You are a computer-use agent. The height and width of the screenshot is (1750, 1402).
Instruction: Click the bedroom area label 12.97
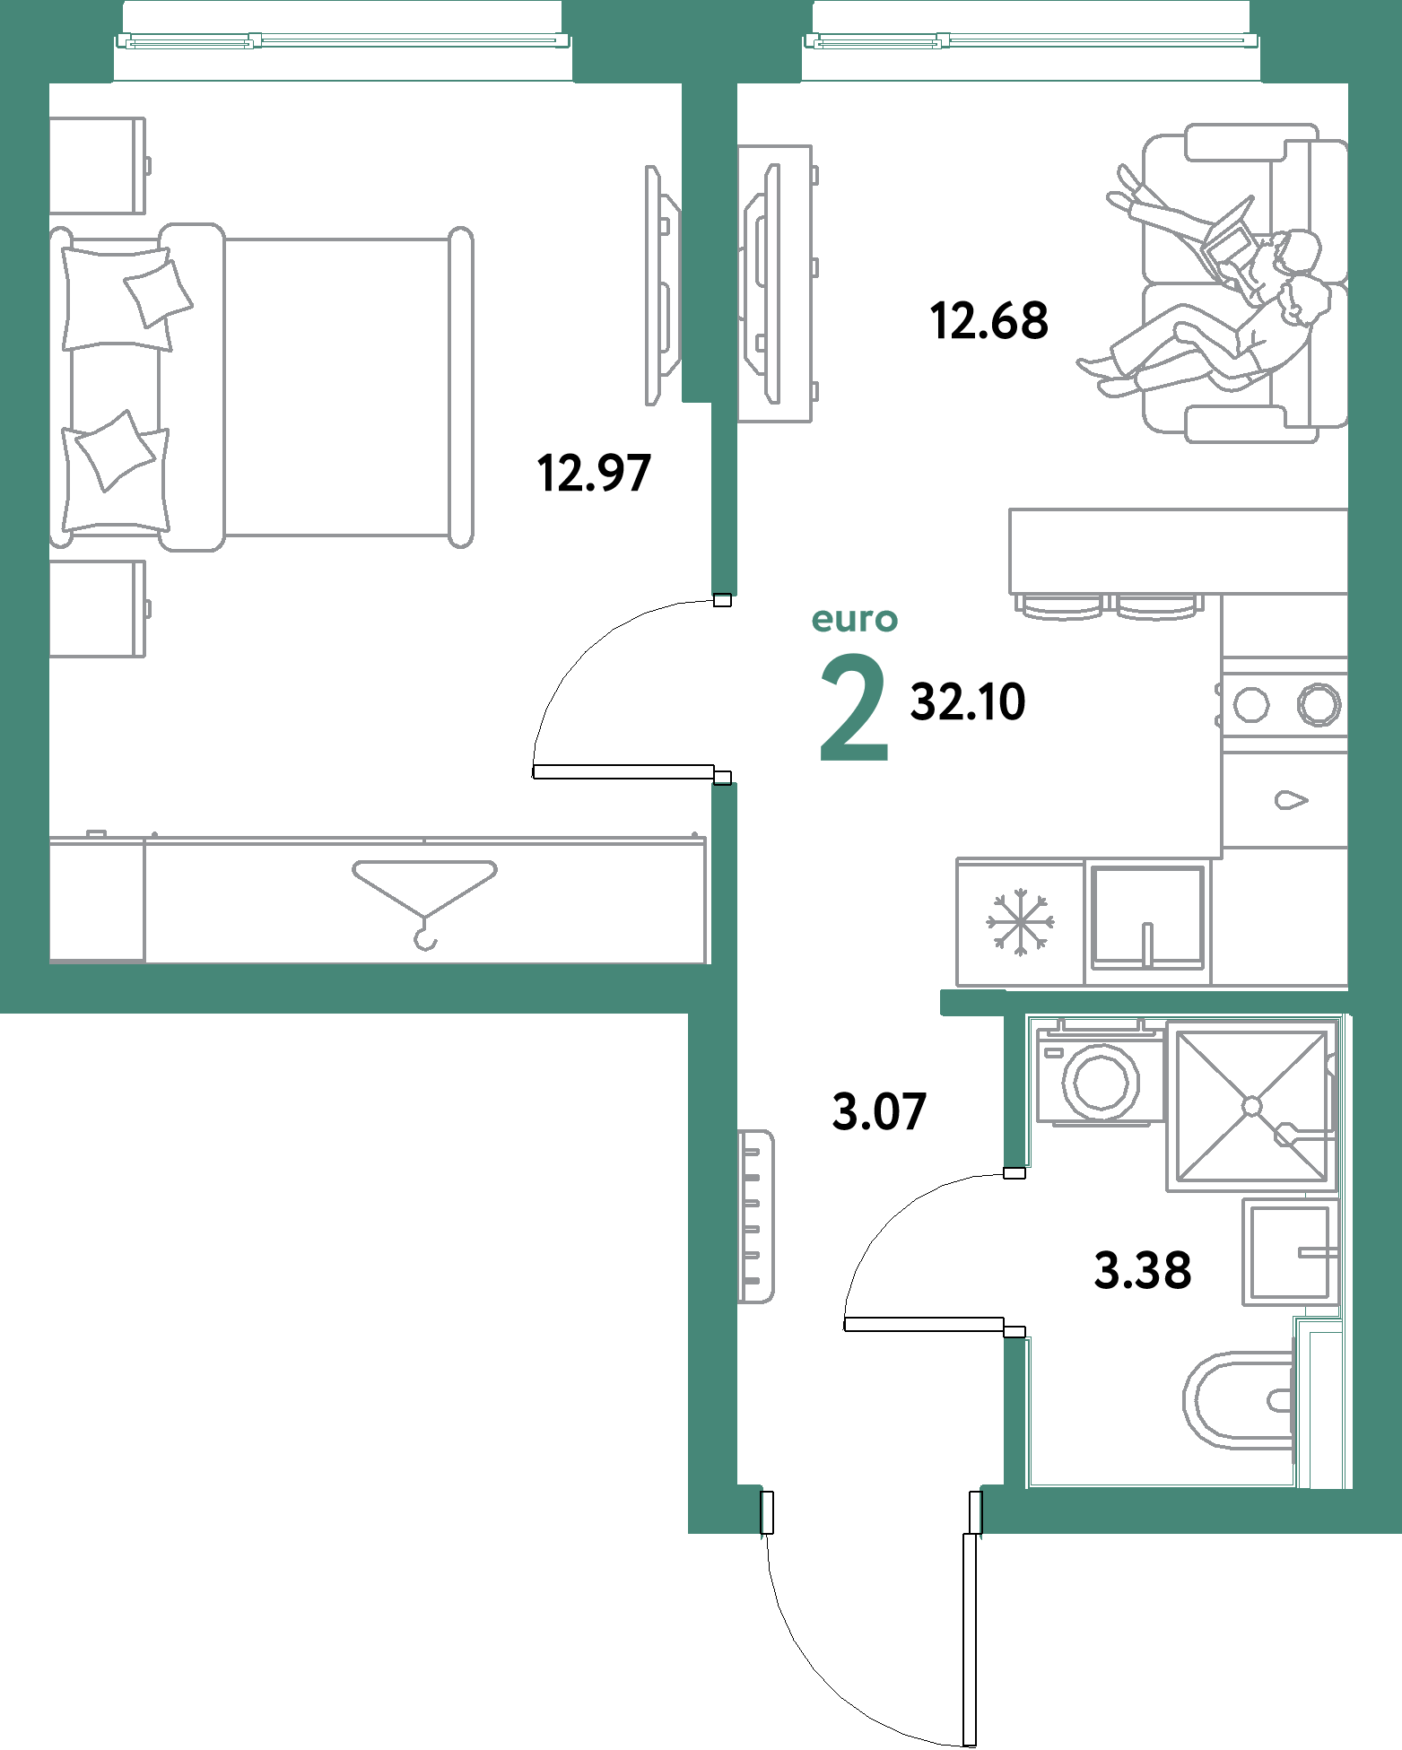594,474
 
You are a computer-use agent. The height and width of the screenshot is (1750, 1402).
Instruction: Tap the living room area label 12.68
989,321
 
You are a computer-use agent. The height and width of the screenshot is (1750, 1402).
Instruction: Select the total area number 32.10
968,702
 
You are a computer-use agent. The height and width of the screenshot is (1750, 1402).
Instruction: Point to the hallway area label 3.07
879,1112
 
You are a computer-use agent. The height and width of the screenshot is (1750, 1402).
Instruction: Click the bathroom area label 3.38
1143,1271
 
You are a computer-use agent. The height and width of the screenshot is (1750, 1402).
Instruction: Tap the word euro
854,620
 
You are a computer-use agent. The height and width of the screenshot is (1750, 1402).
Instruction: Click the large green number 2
854,708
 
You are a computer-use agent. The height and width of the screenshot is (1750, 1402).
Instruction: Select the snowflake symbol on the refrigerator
1021,922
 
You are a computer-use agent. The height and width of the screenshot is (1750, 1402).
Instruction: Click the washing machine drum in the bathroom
1101,1081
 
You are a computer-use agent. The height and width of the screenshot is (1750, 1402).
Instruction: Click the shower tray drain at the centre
1252,1107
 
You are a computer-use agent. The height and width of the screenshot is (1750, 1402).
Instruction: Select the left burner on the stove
1251,704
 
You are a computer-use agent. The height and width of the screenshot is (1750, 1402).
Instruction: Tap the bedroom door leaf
623,771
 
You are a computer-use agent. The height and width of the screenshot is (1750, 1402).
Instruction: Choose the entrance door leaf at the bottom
969,1640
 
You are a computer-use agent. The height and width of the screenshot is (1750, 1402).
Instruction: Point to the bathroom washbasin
1290,1252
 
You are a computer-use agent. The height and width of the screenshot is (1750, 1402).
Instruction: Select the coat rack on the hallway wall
755,1216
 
